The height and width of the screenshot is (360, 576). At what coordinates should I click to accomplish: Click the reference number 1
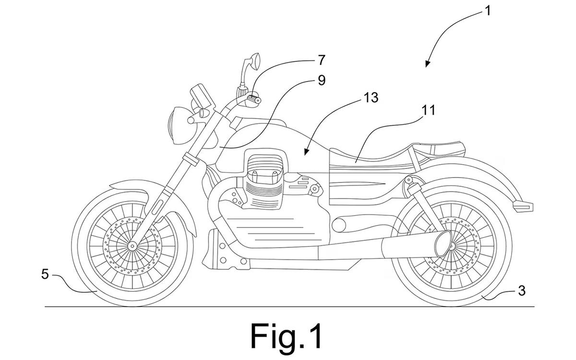tap(487, 11)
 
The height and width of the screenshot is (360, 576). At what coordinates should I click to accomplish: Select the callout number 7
tap(321, 60)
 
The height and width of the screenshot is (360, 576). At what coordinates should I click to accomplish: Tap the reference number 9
tap(322, 80)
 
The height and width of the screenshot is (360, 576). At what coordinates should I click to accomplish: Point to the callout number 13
tap(371, 98)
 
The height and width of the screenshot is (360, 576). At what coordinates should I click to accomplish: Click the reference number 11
tap(428, 110)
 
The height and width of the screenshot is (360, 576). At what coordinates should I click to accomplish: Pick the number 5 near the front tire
tap(45, 275)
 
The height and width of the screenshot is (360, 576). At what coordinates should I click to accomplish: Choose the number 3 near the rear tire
tap(521, 291)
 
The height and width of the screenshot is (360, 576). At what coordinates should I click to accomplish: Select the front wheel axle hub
tap(132, 246)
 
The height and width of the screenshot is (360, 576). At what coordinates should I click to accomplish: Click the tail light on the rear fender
tap(523, 206)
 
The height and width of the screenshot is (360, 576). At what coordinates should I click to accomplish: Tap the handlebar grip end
tap(254, 99)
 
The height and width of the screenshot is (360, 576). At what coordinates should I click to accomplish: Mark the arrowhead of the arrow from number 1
tap(427, 64)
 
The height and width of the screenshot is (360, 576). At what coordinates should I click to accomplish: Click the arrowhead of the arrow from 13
tap(306, 152)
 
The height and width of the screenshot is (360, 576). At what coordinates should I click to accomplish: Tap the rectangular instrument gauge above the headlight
tap(203, 96)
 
